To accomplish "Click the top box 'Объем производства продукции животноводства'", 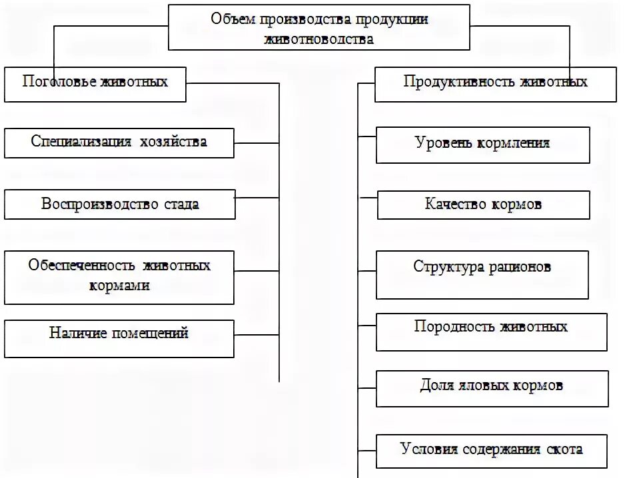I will [318, 28].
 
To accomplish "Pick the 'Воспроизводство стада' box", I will [120, 204].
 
